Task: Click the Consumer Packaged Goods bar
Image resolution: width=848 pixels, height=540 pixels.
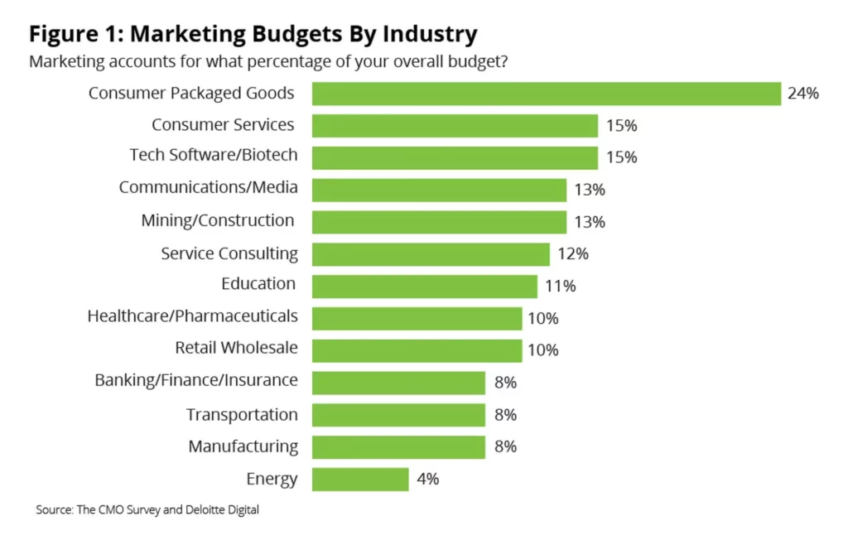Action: (547, 94)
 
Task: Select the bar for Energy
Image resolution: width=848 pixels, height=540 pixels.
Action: (360, 479)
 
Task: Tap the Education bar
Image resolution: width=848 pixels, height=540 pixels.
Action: (425, 287)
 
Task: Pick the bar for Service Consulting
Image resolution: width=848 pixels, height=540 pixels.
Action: (431, 254)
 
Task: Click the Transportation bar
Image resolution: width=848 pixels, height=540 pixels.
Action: (398, 415)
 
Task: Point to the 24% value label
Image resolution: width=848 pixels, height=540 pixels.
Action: (803, 94)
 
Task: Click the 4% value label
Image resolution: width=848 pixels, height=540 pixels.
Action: (428, 479)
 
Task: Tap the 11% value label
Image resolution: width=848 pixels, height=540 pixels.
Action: (560, 287)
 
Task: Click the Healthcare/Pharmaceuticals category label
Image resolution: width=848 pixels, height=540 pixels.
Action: (192, 316)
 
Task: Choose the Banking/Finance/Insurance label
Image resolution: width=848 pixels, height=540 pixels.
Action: (196, 380)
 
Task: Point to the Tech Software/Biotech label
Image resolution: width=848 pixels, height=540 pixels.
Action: (214, 155)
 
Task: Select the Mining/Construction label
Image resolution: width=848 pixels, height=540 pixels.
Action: (218, 220)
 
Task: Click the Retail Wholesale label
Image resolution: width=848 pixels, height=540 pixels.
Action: (236, 348)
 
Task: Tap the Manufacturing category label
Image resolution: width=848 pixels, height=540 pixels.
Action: (243, 446)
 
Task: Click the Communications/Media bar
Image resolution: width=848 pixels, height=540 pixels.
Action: (439, 190)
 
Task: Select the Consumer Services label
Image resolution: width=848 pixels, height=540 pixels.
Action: (223, 125)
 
